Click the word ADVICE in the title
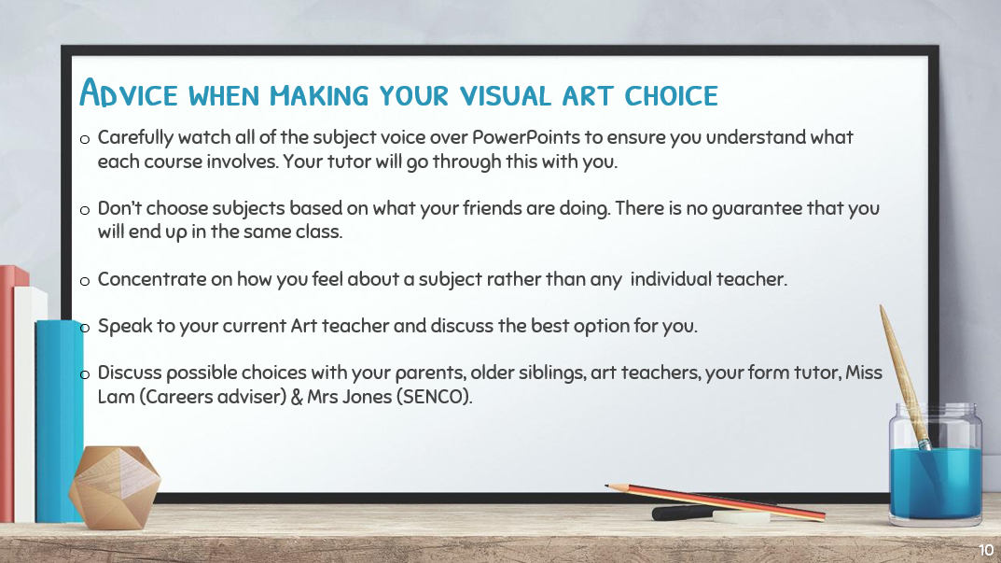[x=129, y=92]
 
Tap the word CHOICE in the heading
[x=671, y=96]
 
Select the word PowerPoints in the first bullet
[x=526, y=137]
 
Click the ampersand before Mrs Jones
[x=297, y=397]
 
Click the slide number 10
[x=986, y=550]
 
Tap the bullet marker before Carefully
[x=85, y=139]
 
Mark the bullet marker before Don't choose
[x=85, y=210]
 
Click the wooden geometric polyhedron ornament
[x=115, y=487]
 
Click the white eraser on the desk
[x=741, y=516]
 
